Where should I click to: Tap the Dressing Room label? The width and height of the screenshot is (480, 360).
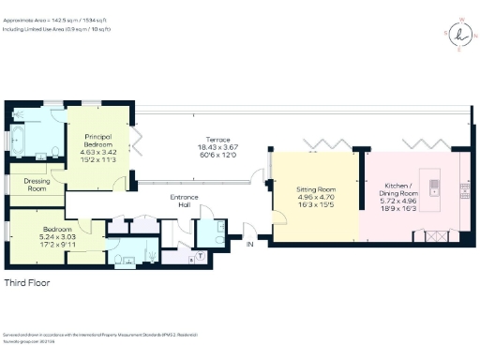click(x=37, y=185)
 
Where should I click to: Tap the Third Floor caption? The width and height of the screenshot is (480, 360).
click(x=28, y=282)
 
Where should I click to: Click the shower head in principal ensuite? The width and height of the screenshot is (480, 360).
click(x=52, y=116)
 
